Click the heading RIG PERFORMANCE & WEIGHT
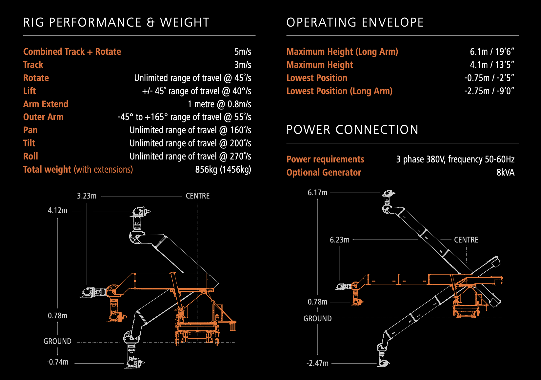pos(116,22)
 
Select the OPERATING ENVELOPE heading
pos(355,22)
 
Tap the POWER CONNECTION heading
pos(352,130)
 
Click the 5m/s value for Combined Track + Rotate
pos(243,52)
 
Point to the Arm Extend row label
pos(46,104)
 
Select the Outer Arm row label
pos(43,117)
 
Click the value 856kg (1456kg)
pos(223,169)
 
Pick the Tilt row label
pos(29,143)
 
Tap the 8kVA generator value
pos(505,172)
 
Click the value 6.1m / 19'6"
pos(492,52)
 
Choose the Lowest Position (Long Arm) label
pos(339,91)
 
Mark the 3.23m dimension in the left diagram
pos(87,196)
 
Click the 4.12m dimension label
pos(57,210)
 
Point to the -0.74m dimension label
pos(57,362)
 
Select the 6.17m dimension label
pos(317,193)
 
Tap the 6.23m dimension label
pos(339,240)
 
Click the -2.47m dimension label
pos(317,363)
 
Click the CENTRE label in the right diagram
pos(466,240)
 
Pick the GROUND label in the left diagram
pos(57,341)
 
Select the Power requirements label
pos(325,159)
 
